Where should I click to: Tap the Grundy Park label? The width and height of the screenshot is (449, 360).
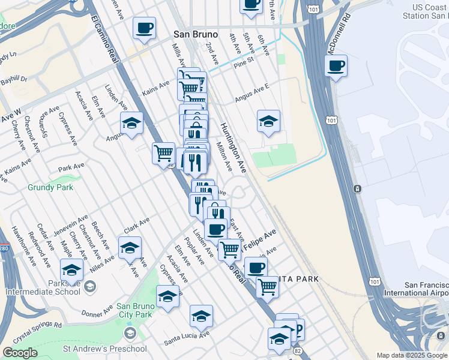click(x=50, y=187)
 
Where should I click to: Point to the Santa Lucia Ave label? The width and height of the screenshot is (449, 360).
click(x=187, y=338)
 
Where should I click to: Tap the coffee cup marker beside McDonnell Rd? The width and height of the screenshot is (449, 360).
click(x=336, y=65)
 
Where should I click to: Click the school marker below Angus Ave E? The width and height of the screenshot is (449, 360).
click(x=268, y=121)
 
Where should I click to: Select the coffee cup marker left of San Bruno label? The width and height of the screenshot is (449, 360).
click(x=144, y=28)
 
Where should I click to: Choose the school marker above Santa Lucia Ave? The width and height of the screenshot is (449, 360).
click(x=201, y=315)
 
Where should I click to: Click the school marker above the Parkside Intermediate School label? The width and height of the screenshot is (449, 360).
click(x=71, y=269)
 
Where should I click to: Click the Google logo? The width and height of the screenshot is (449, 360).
click(x=20, y=353)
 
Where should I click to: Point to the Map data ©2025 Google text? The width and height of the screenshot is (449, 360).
click(x=412, y=355)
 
